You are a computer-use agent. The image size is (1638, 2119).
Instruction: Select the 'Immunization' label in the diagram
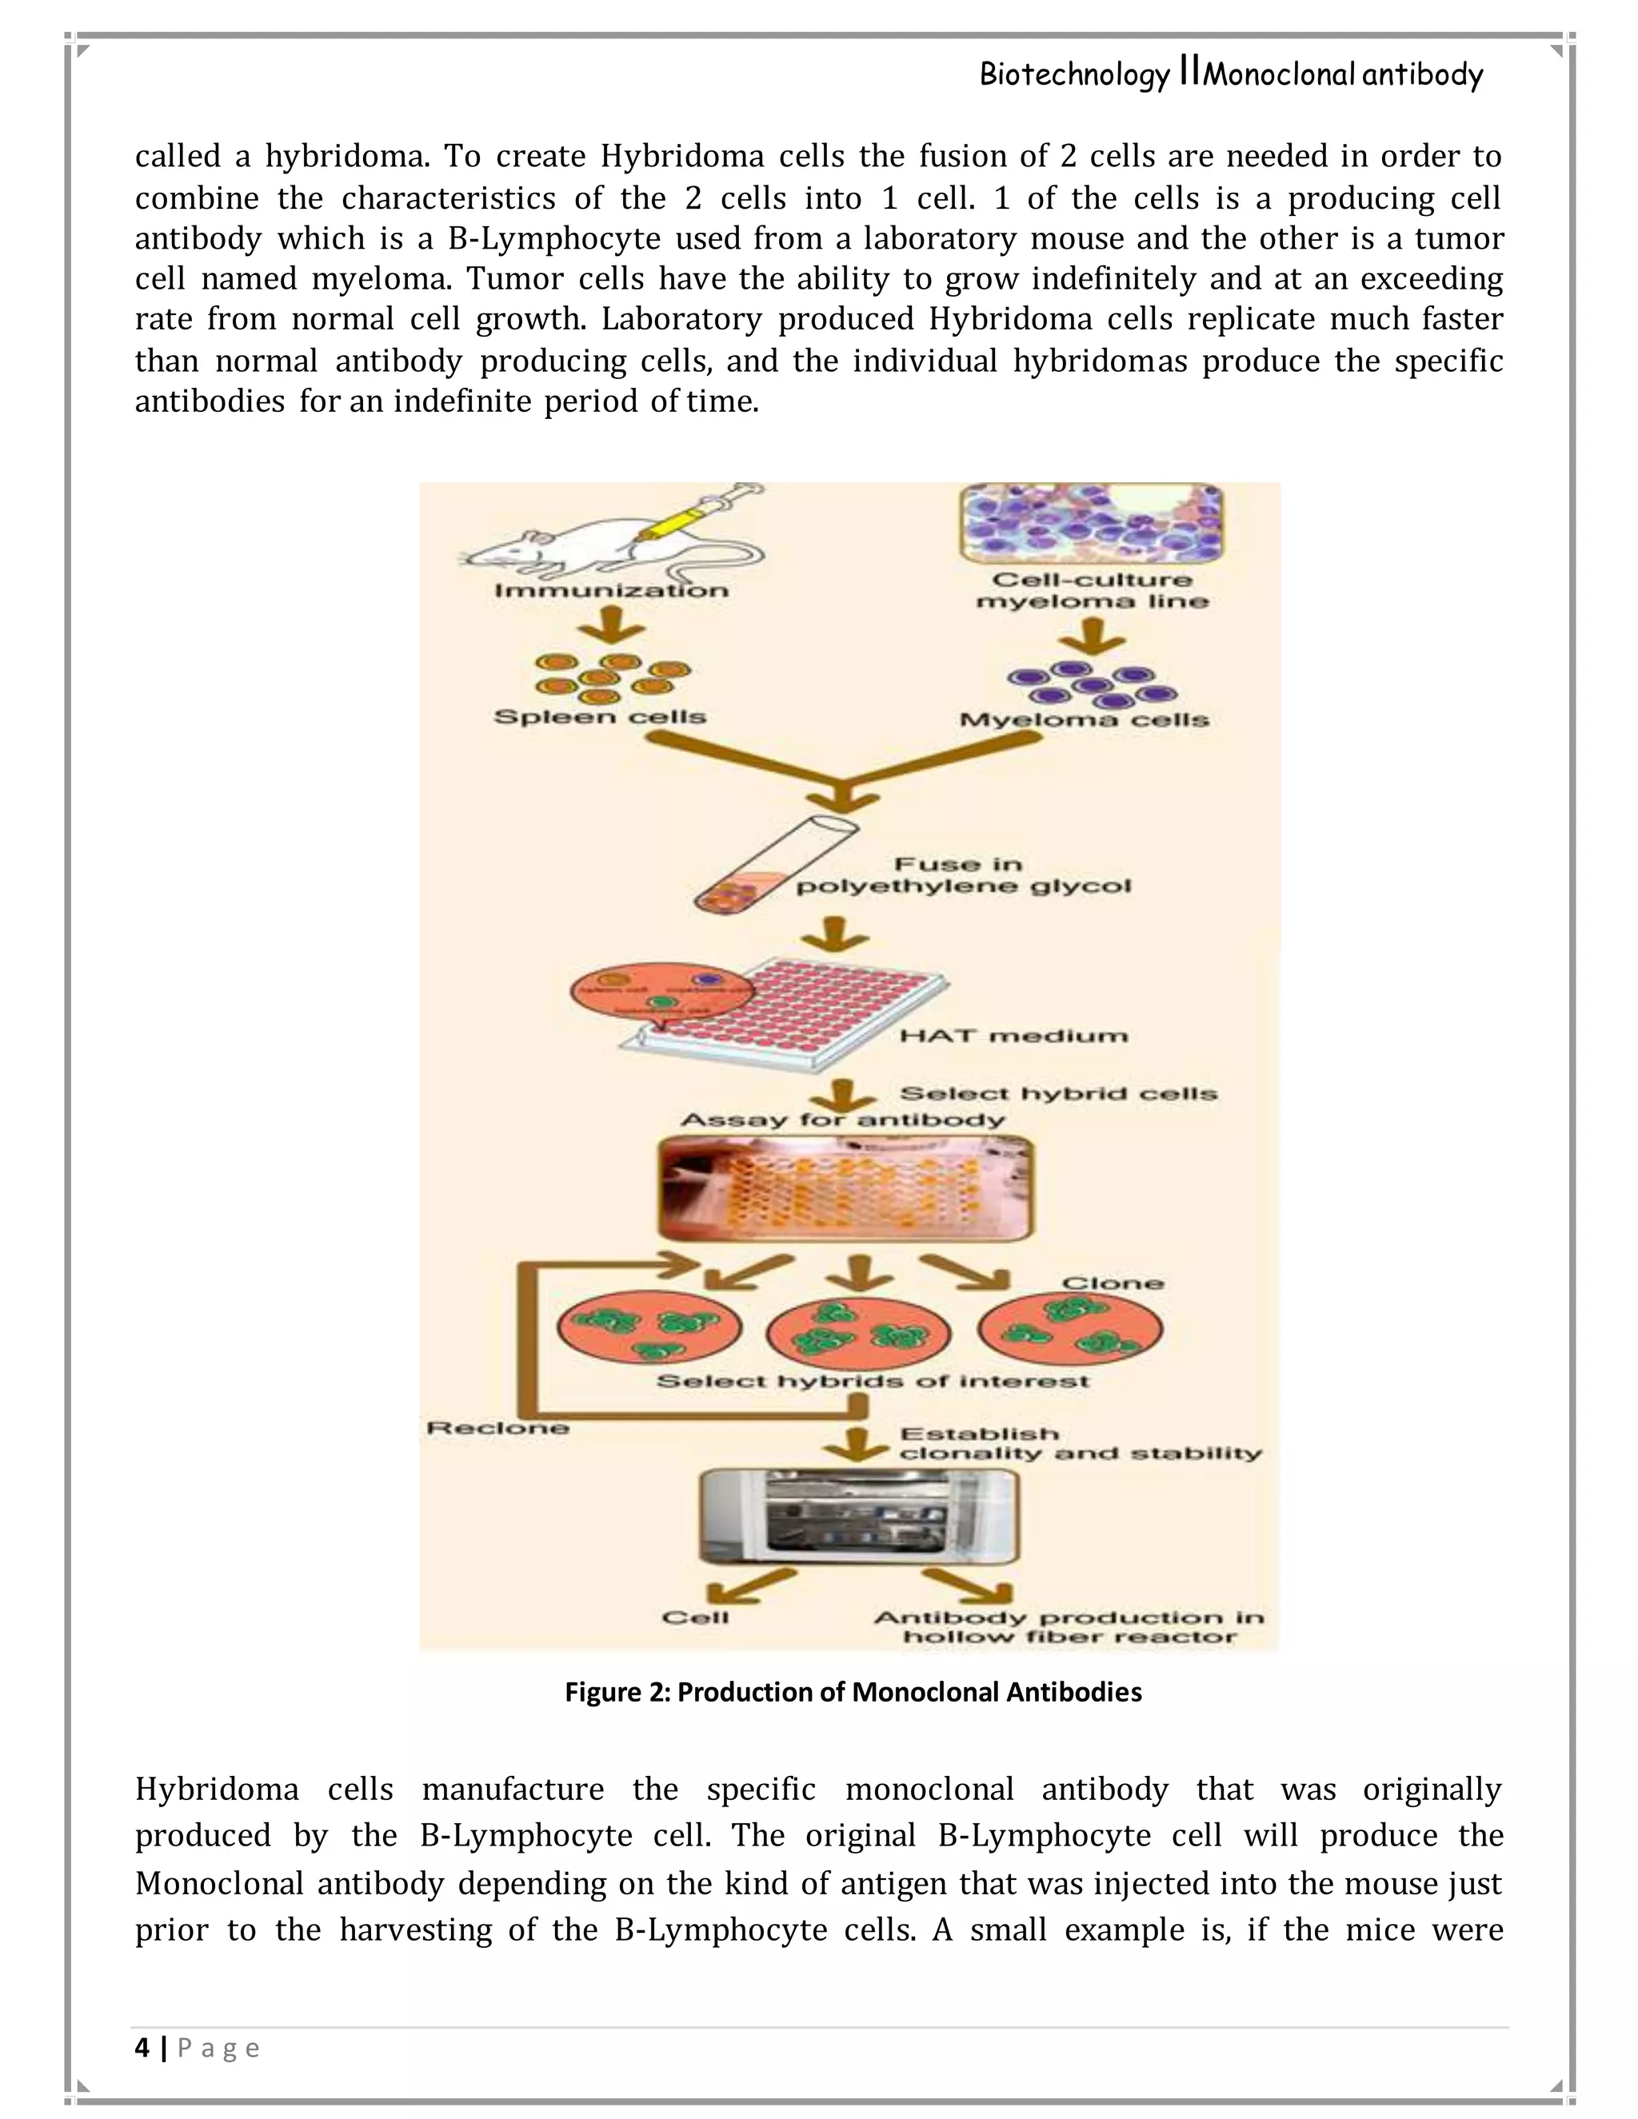[x=611, y=590]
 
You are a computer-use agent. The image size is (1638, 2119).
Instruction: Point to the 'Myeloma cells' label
[x=1084, y=720]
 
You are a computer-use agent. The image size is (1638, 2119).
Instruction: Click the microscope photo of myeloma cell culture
[x=1092, y=523]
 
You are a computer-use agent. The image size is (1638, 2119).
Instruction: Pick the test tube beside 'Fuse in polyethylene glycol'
[x=774, y=864]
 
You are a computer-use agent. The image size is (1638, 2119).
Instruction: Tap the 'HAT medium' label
[x=1013, y=1036]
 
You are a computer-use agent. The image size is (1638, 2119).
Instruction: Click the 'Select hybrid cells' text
[x=1057, y=1093]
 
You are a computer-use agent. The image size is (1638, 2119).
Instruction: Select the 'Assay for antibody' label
[x=842, y=1119]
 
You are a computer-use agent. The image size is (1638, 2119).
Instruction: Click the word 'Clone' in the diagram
[x=1112, y=1283]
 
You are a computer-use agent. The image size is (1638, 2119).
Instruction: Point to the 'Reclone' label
[x=497, y=1428]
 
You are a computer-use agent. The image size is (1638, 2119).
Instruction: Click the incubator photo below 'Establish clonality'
[x=859, y=1516]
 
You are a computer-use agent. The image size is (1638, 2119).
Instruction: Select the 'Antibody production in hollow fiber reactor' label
[x=1069, y=1627]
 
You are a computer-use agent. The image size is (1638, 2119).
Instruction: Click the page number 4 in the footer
[x=142, y=2048]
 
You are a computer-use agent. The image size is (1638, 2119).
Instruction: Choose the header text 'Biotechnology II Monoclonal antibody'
[x=1230, y=74]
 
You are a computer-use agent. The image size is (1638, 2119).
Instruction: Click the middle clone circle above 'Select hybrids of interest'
[x=859, y=1329]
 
